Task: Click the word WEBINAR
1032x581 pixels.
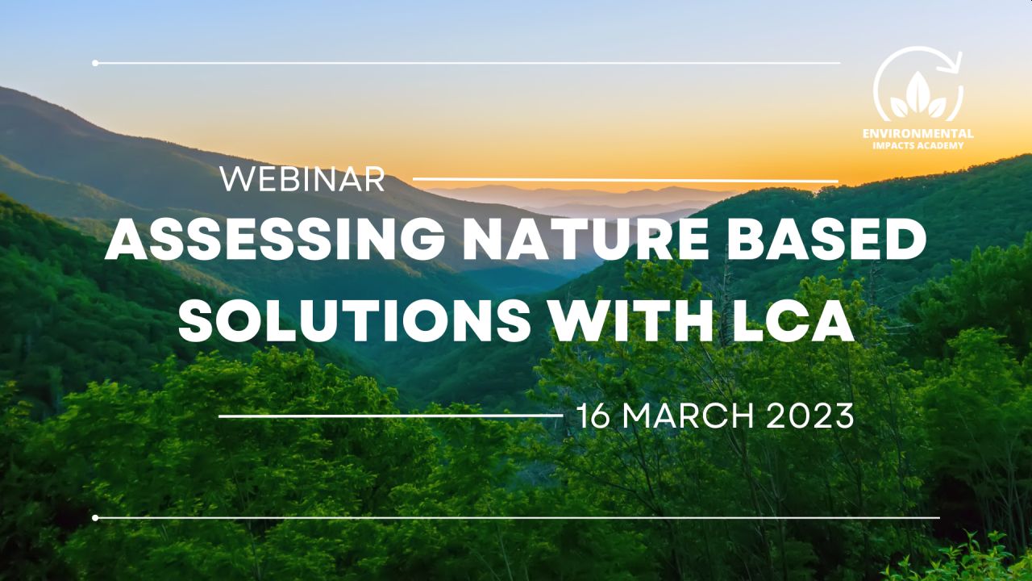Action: (302, 179)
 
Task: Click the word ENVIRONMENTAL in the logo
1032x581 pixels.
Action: (918, 134)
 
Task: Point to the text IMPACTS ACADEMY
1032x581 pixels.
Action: (918, 146)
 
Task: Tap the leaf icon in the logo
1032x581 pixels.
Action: (918, 96)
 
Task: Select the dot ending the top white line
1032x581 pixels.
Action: (95, 63)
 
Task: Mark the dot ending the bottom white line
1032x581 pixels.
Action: (95, 518)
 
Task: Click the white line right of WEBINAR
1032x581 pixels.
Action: (625, 180)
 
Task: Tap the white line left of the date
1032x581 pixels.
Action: (391, 416)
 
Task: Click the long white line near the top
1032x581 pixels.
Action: (468, 63)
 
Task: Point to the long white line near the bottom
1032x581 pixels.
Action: (518, 518)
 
